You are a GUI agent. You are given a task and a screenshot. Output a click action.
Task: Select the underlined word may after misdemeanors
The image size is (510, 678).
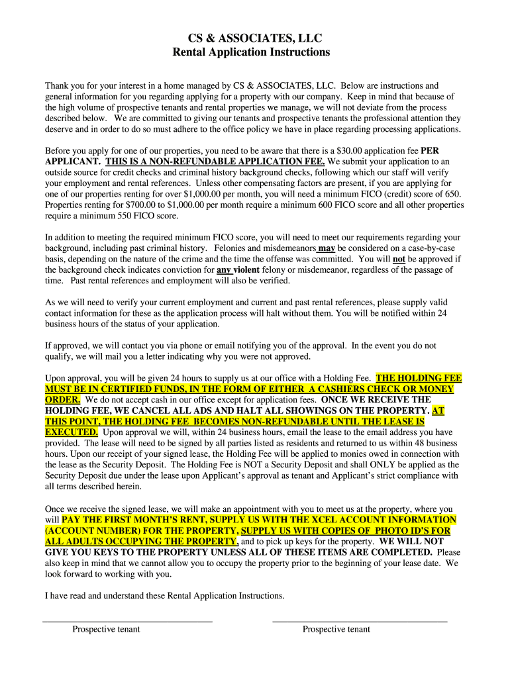pyautogui.click(x=327, y=248)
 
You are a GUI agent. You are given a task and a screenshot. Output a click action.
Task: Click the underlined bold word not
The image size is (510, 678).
pyautogui.click(x=399, y=259)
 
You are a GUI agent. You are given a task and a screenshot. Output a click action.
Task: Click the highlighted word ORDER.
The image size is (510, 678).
pyautogui.click(x=62, y=400)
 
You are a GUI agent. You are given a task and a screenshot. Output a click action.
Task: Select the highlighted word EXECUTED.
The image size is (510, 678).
pyautogui.click(x=71, y=432)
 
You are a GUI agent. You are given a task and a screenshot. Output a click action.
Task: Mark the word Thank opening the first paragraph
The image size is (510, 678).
pyautogui.click(x=58, y=85)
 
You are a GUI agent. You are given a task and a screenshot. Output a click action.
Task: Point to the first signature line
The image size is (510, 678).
pyautogui.click(x=127, y=620)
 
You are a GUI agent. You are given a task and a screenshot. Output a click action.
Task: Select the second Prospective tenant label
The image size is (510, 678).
pyautogui.click(x=336, y=629)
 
